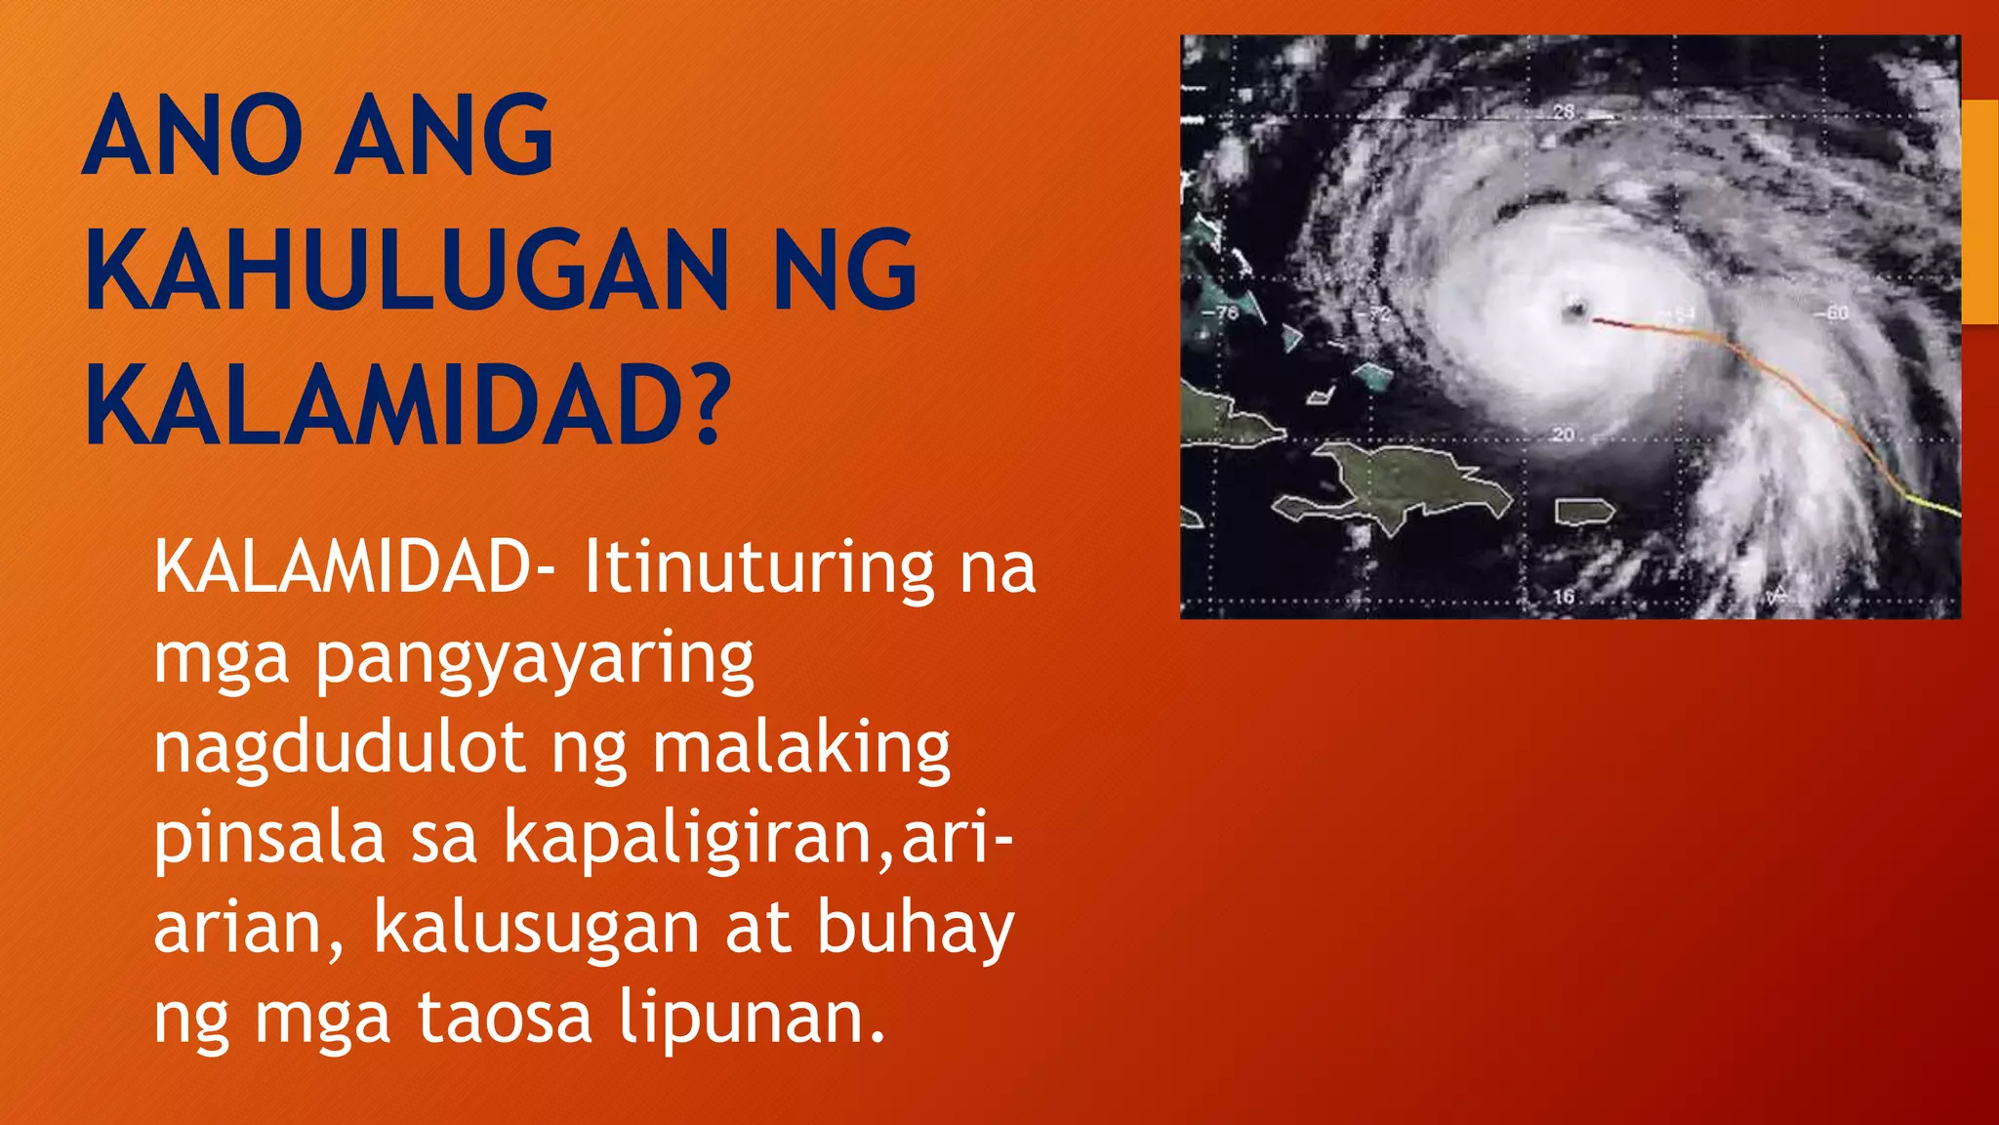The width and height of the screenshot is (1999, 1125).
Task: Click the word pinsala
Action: coord(268,838)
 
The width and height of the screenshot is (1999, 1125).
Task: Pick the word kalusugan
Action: coord(536,928)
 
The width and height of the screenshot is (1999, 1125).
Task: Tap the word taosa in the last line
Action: coord(505,1017)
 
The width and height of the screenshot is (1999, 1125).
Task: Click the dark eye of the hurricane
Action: coord(1574,311)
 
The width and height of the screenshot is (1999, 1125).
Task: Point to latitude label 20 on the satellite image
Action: coord(1563,434)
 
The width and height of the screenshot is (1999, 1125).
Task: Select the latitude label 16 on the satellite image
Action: coord(1564,596)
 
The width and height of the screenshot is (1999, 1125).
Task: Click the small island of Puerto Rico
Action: coord(1583,511)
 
